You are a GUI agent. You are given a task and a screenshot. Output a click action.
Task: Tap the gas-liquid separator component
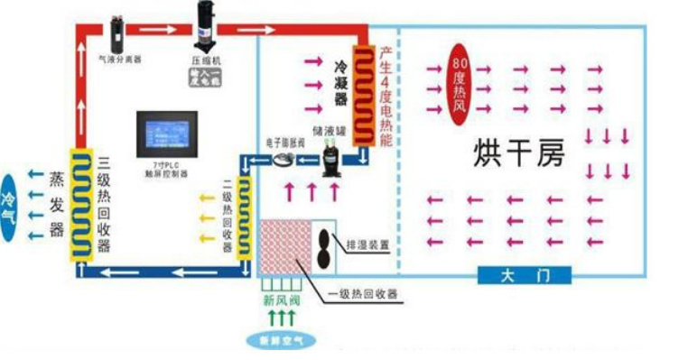[116, 32]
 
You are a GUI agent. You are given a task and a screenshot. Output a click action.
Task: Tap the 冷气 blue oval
[10, 200]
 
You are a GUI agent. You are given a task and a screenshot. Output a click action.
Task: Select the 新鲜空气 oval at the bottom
[283, 340]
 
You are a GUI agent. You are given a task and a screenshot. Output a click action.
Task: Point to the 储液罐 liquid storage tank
[331, 160]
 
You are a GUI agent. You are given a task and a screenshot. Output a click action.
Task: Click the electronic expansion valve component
[283, 160]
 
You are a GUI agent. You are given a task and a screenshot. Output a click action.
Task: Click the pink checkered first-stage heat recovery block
[287, 246]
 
